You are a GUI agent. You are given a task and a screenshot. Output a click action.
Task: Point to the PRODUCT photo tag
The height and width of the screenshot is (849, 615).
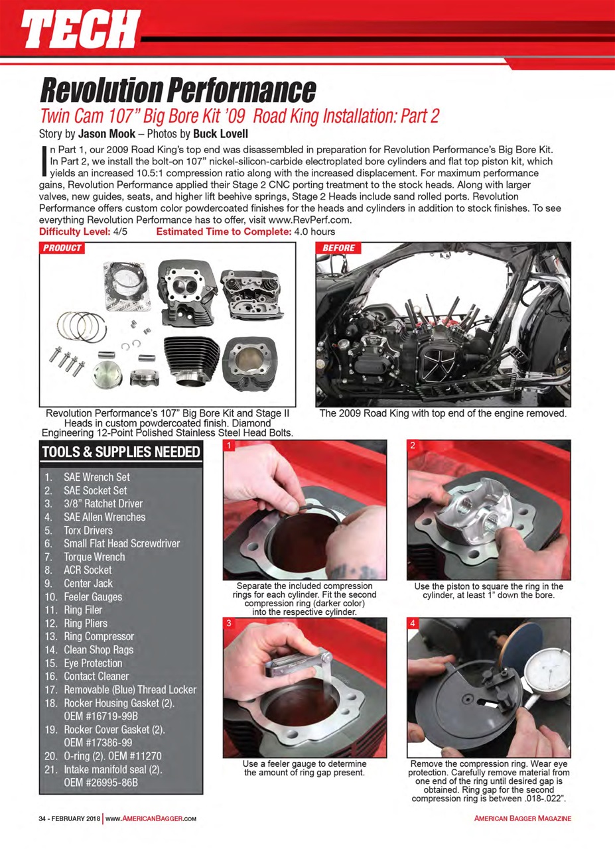tap(63, 249)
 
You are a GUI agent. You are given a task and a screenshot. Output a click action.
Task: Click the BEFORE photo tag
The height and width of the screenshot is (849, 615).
tap(338, 249)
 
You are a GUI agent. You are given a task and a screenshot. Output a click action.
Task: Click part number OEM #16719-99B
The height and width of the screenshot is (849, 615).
tap(101, 716)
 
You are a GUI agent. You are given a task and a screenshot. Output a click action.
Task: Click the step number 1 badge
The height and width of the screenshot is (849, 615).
tap(229, 446)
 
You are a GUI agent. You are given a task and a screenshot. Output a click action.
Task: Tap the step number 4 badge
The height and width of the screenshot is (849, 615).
tap(413, 624)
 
